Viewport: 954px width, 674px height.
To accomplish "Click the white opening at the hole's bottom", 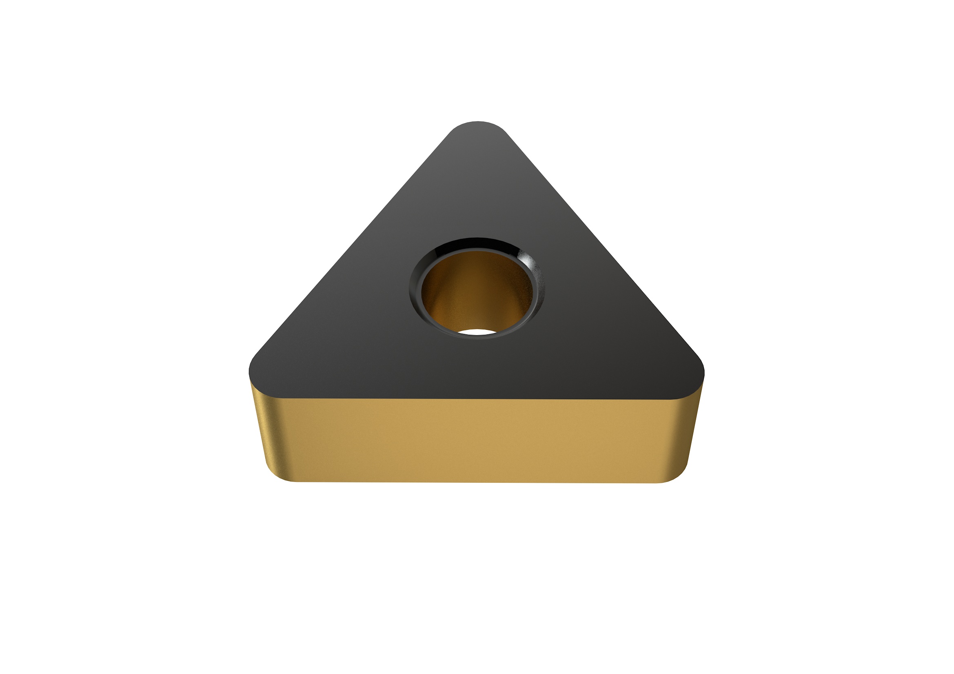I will click(477, 332).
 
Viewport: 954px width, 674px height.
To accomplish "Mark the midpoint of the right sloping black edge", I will click(603, 245).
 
